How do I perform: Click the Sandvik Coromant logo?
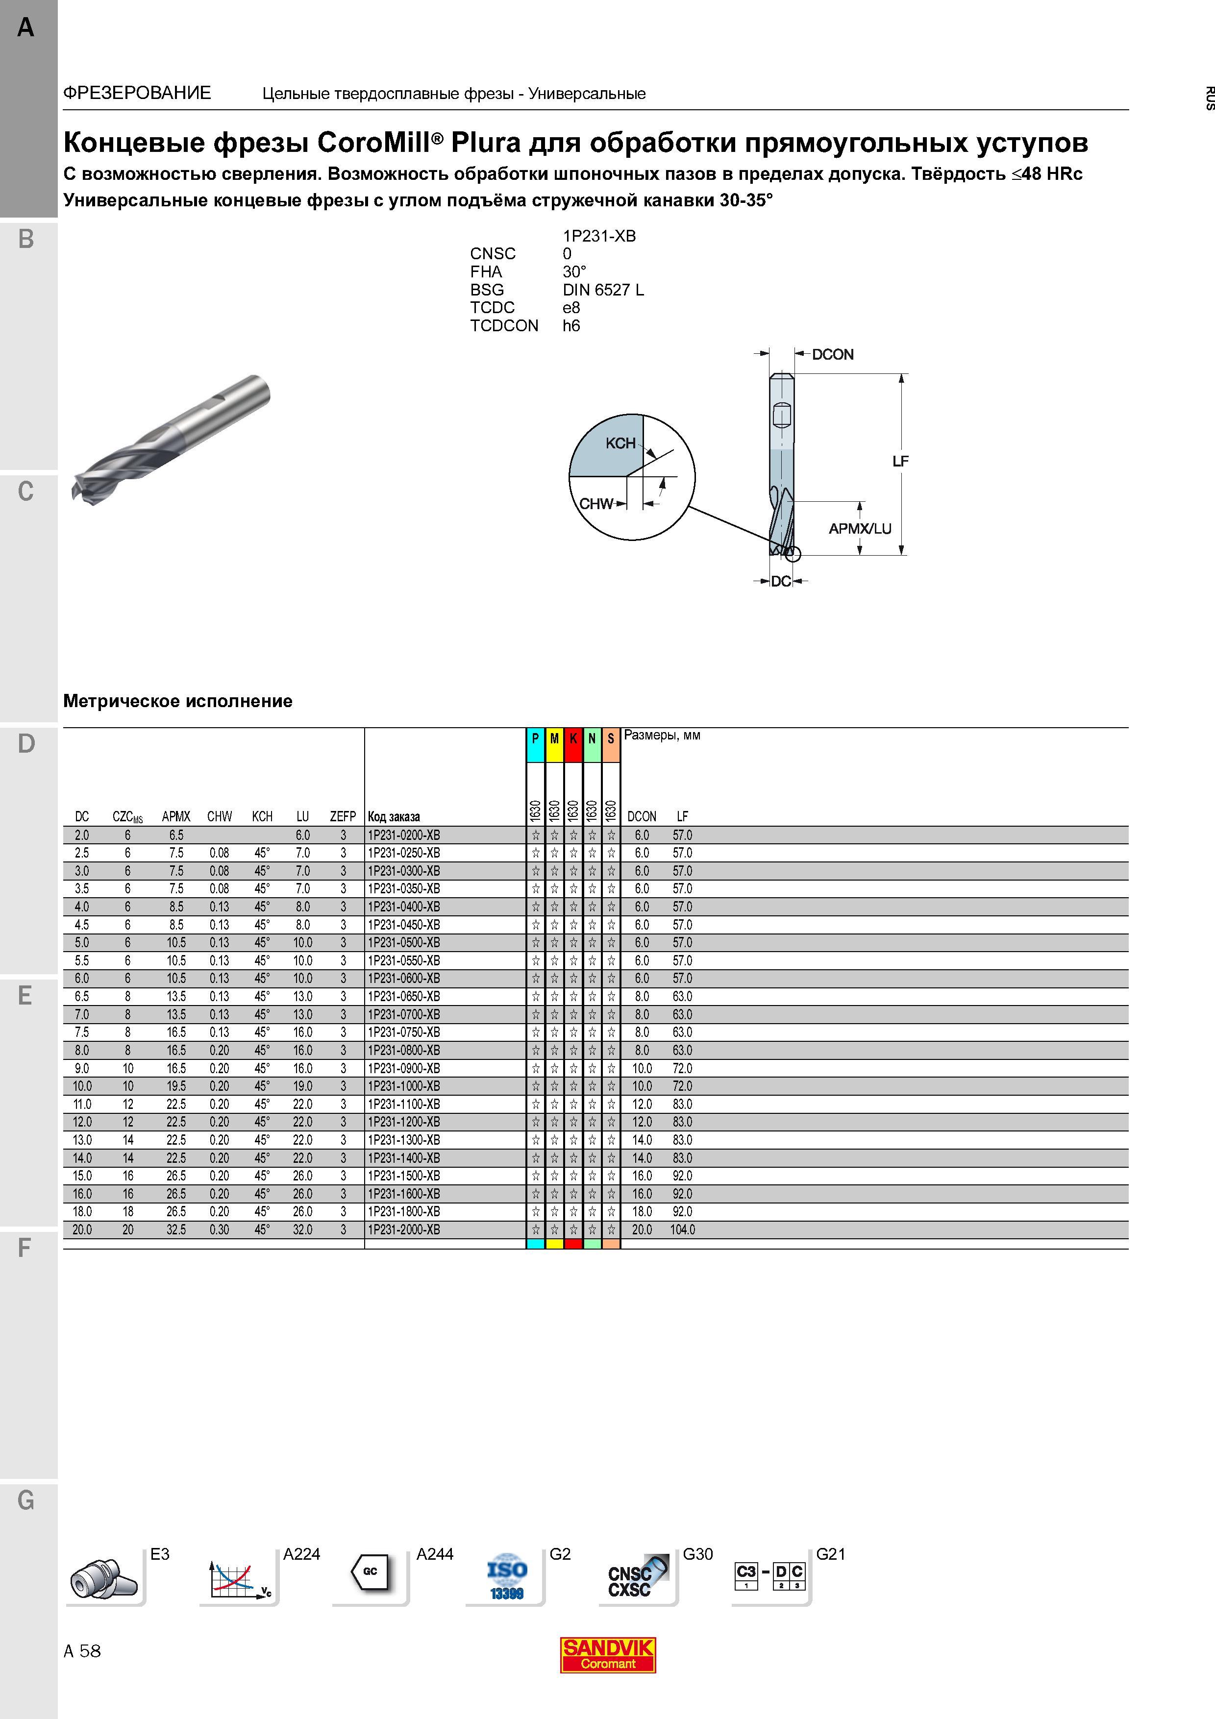point(608,1655)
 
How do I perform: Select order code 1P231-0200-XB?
point(403,835)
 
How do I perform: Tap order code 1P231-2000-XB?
point(403,1229)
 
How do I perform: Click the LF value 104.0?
point(683,1229)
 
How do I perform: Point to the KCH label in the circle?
point(620,443)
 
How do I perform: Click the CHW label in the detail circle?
point(596,504)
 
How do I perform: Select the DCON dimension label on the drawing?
point(832,354)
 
